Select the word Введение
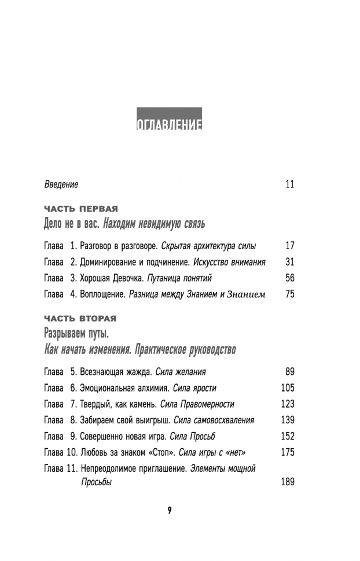coord(61,184)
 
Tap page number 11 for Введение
coord(290,184)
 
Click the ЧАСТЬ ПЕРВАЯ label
coord(81,208)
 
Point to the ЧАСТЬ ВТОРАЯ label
coord(80,318)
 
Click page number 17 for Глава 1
coord(290,245)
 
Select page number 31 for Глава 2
coord(290,261)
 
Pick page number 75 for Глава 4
coord(290,294)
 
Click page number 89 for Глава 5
coord(290,371)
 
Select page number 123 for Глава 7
coord(288,404)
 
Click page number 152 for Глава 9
coord(288,436)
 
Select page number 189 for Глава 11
coord(288,482)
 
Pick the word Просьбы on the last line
coord(95,482)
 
